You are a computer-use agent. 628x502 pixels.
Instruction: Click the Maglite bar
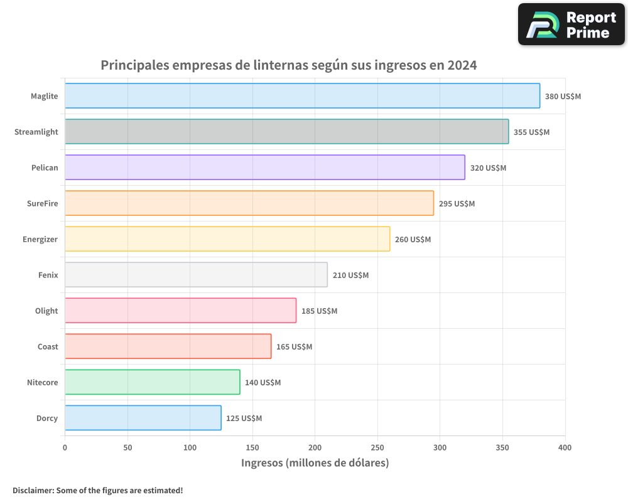click(302, 96)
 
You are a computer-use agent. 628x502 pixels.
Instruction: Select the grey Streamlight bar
click(286, 132)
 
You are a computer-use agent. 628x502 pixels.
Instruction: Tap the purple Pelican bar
click(264, 168)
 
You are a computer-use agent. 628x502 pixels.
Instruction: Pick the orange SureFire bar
click(249, 203)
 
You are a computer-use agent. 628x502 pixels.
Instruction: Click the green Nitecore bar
click(152, 382)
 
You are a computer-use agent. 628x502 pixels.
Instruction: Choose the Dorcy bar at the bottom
click(143, 418)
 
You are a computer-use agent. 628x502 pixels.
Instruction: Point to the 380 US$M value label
click(563, 97)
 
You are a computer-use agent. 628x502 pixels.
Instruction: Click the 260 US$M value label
click(413, 240)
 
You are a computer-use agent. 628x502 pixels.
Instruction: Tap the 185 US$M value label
click(319, 311)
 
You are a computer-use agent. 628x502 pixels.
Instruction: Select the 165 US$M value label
click(294, 347)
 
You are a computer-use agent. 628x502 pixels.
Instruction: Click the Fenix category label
click(48, 275)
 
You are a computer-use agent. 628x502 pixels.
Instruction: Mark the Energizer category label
click(40, 239)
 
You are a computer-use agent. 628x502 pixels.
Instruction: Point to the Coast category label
click(48, 346)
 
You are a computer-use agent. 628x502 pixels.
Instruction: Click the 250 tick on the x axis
click(377, 447)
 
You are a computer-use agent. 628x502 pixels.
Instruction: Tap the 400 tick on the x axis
click(565, 447)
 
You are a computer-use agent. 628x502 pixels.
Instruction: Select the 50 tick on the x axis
click(127, 447)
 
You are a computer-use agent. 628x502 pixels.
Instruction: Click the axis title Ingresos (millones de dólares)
click(315, 463)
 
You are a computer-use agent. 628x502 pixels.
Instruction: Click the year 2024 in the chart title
click(462, 65)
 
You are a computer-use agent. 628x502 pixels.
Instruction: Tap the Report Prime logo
click(571, 24)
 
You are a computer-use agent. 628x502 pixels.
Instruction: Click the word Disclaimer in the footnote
click(33, 491)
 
